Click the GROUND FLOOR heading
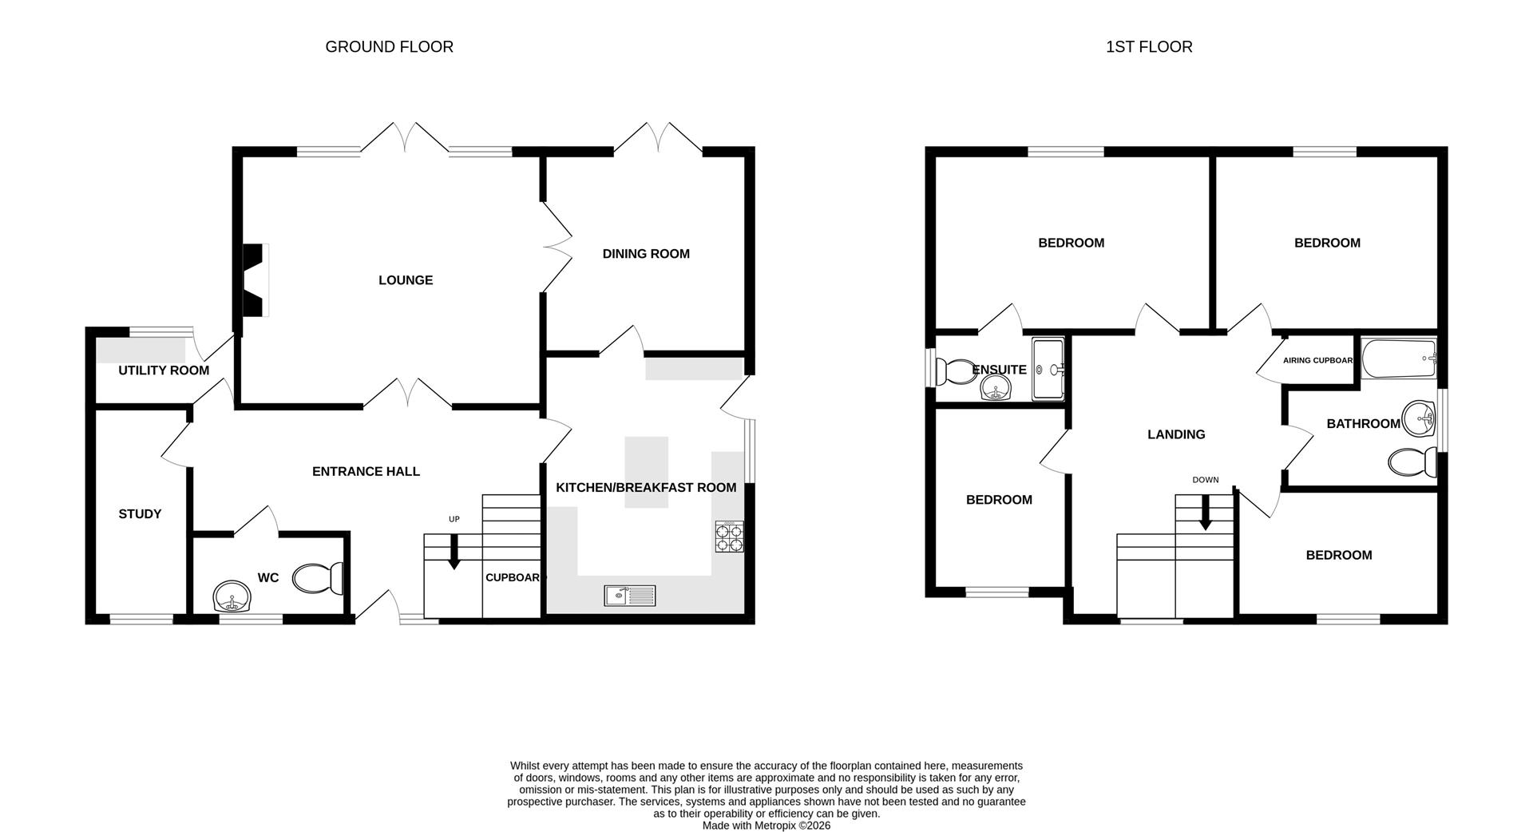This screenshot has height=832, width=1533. click(x=389, y=47)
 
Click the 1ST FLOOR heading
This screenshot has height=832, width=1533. click(x=1148, y=47)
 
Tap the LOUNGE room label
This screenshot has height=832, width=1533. click(x=406, y=280)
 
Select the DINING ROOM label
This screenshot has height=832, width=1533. click(x=646, y=254)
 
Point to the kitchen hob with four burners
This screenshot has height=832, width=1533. click(x=729, y=536)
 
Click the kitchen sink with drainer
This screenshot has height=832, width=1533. click(x=629, y=595)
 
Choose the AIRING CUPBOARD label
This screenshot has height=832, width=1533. click(x=1317, y=360)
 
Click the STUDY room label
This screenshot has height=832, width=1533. click(x=140, y=514)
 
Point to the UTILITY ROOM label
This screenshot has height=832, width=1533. click(x=164, y=370)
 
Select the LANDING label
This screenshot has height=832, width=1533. click(x=1175, y=434)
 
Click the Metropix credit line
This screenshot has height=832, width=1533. click(x=766, y=826)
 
